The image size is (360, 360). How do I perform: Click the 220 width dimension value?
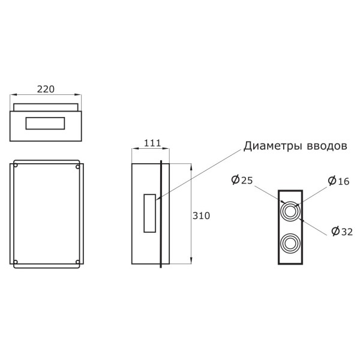point(46,89)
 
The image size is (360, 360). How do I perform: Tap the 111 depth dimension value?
point(152,143)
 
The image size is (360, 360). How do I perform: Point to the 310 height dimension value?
point(201,216)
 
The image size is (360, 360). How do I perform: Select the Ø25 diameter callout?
point(242,180)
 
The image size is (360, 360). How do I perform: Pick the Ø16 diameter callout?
point(338,181)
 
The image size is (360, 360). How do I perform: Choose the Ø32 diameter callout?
point(342,232)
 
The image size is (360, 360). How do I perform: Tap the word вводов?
point(327,146)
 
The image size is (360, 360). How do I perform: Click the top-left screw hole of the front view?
point(16,166)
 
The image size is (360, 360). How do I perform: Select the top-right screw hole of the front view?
point(77,167)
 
